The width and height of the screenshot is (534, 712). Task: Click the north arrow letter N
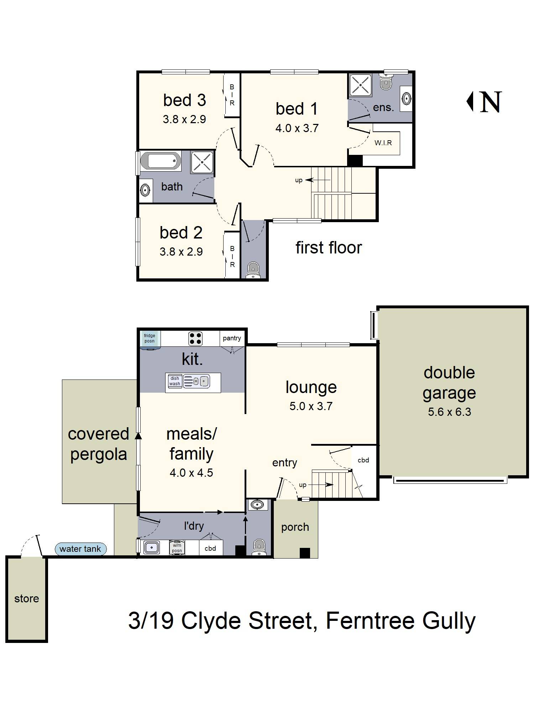coord(491,102)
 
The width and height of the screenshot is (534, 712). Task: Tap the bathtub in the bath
coord(161,161)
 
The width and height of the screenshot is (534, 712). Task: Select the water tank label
coord(80,549)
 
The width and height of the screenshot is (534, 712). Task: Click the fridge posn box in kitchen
coord(150,338)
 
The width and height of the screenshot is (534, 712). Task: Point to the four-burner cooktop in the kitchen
coord(195,339)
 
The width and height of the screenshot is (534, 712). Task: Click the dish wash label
coord(175,381)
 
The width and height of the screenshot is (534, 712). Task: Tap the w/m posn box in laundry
coord(177,548)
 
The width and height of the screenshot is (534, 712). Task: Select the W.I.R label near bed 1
coord(383,143)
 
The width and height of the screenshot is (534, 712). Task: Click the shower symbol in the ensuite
coord(361,85)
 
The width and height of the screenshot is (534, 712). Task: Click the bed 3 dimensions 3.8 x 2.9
coord(184,119)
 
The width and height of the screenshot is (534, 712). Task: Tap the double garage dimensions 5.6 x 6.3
coord(449,412)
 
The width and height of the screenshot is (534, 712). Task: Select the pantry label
coord(232,338)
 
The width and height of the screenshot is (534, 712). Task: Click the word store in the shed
coord(27,598)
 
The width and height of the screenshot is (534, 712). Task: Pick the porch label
coord(295,527)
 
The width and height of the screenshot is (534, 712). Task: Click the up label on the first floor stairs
coord(299,180)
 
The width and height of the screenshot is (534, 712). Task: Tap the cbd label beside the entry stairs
coord(363,460)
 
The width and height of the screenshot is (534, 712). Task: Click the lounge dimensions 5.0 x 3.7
coord(311,406)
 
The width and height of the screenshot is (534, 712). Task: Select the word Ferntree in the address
coord(370,621)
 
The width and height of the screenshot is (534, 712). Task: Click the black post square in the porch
coord(305,553)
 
